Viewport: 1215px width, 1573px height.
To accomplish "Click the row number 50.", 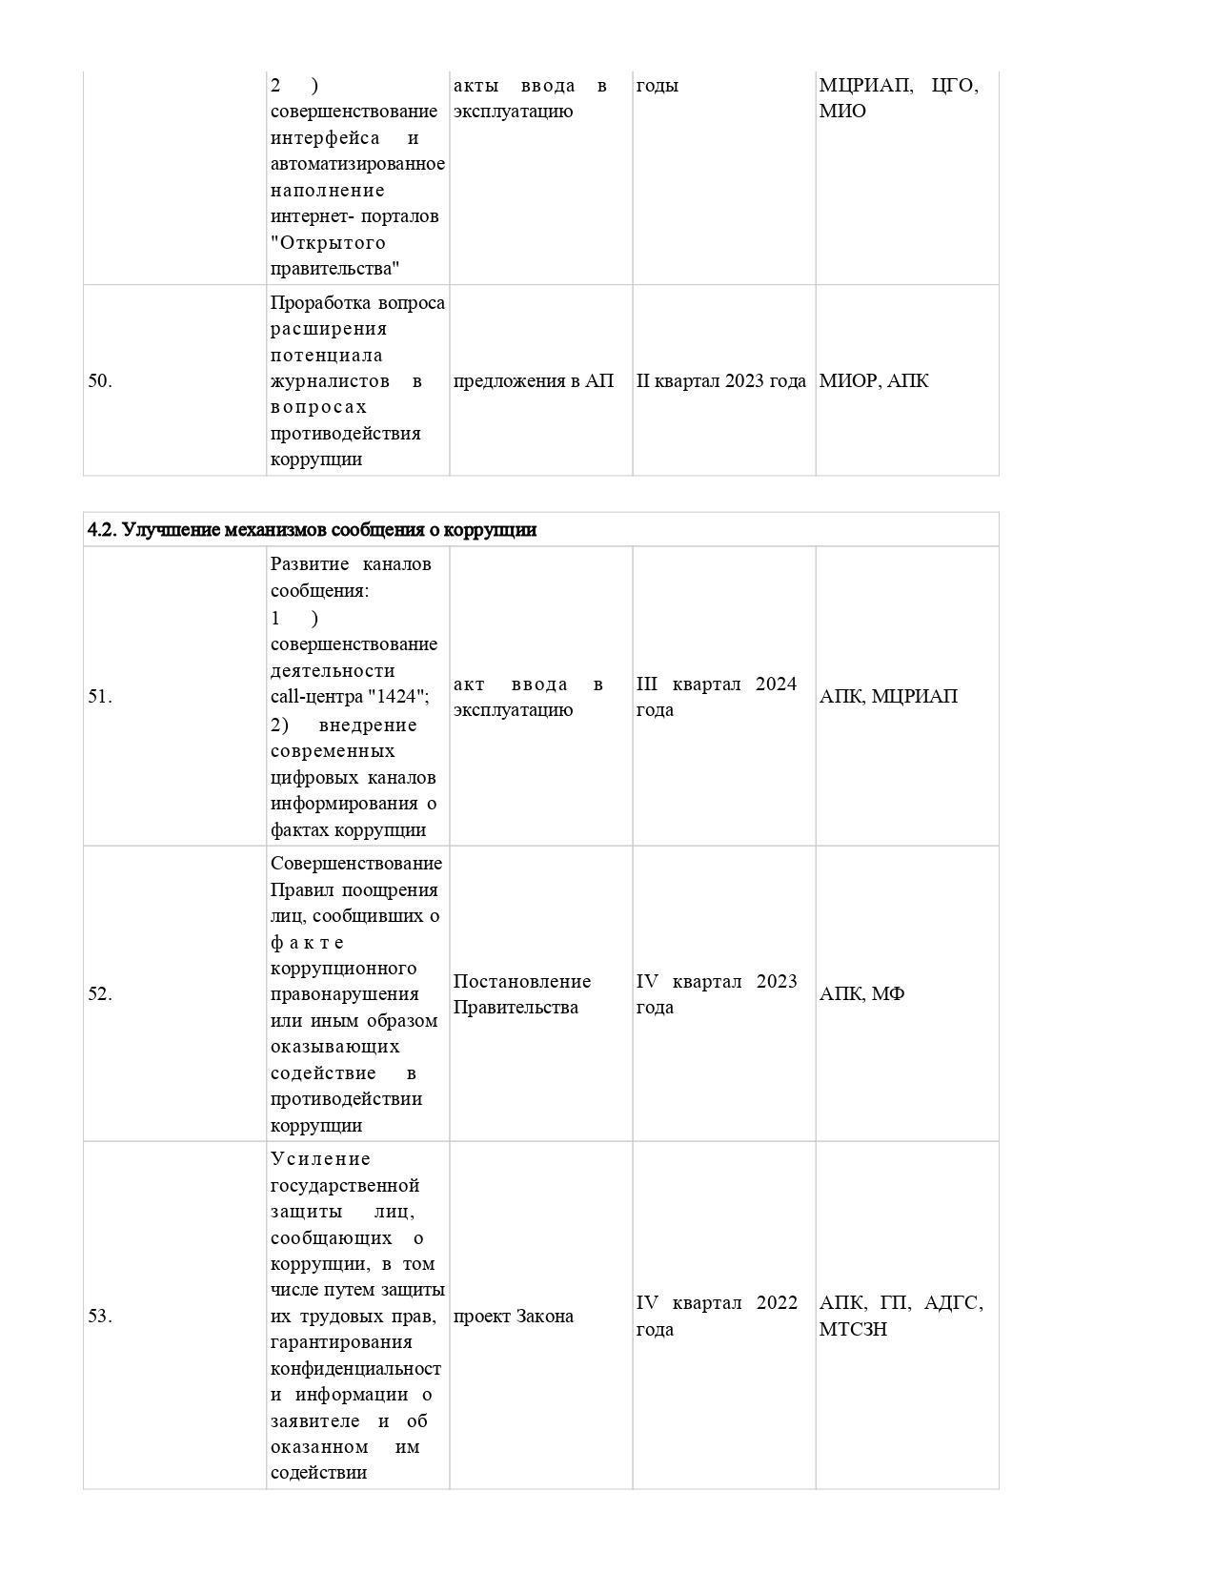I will pos(100,381).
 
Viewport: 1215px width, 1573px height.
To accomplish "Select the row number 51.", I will pos(100,697).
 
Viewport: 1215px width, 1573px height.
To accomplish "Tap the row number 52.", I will pos(100,994).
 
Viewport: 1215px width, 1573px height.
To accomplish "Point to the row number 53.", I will pos(100,1317).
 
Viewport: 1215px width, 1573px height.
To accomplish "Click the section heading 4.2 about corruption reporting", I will pos(312,530).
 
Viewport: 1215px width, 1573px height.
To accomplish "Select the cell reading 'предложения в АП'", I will pos(534,381).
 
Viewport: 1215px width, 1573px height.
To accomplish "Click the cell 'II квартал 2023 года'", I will pos(721,381).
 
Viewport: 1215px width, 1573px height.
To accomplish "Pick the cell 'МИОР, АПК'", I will pos(874,381).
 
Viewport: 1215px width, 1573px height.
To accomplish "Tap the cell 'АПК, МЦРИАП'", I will pos(888,697).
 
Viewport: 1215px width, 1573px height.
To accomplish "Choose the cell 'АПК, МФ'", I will pos(861,994).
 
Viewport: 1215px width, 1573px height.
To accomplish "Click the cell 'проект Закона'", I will pos(514,1317).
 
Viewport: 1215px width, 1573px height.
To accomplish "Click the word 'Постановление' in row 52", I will pos(522,982).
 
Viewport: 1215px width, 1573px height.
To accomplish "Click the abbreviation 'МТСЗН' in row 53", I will pos(853,1330).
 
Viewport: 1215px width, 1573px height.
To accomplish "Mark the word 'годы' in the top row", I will pos(658,86).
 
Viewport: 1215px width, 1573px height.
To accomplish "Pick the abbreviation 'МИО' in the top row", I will pos(842,112).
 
